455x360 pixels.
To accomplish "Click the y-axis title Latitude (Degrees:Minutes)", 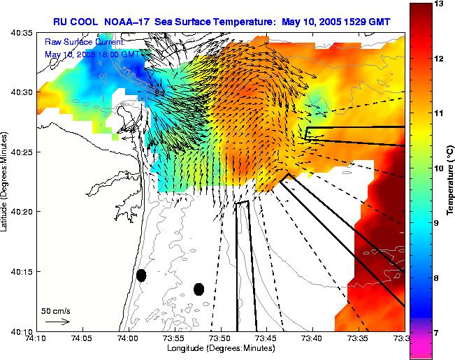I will [x=6, y=182].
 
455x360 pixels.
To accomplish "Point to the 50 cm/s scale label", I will [x=55, y=310].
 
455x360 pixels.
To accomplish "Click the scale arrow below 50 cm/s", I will [x=57, y=322].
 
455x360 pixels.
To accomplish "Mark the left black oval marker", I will [x=141, y=275].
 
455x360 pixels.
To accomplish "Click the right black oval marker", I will [x=198, y=289].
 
